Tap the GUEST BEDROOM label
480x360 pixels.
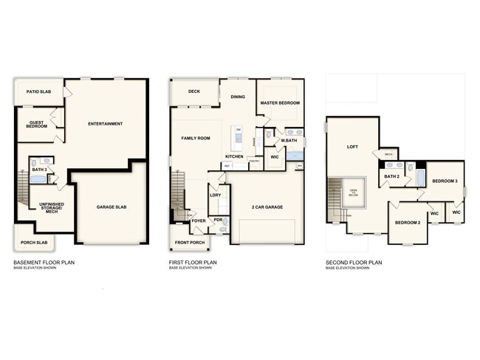click(38, 125)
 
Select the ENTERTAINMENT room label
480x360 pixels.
click(105, 123)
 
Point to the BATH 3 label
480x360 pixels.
click(39, 170)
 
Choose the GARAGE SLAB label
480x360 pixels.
click(112, 207)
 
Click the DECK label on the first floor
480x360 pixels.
click(194, 92)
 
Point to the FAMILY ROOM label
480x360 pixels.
click(196, 138)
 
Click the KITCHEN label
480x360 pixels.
click(234, 156)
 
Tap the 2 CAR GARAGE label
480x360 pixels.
click(267, 207)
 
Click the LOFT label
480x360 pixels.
click(352, 147)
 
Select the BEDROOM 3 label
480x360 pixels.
click(445, 181)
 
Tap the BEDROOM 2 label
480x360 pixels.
click(407, 222)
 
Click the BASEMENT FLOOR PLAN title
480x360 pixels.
click(44, 262)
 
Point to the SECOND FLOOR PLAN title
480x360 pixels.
click(354, 262)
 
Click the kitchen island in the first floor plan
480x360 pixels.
click(237, 138)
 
